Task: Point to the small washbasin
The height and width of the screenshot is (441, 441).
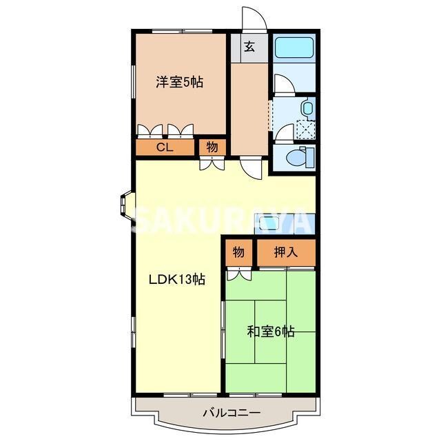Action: [307, 107]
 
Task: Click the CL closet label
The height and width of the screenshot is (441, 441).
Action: [164, 147]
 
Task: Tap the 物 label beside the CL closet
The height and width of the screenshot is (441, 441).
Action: [212, 147]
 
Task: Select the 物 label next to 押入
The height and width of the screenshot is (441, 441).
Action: [238, 252]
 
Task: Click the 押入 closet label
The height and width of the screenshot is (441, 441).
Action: [285, 252]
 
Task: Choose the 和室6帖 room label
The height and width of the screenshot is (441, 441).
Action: [271, 331]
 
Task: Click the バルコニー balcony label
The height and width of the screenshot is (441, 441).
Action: [231, 413]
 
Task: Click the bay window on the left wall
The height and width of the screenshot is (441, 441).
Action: [125, 205]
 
